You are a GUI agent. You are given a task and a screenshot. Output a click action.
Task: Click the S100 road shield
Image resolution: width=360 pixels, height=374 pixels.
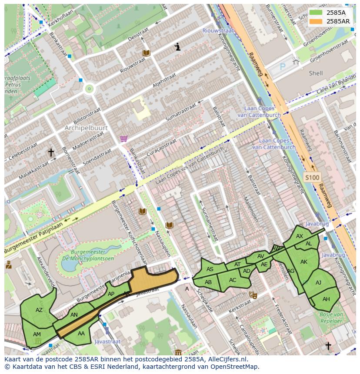pyautogui.click(x=312, y=177)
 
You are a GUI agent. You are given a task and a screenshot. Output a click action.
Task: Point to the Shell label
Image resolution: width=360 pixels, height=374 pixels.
pyautogui.click(x=316, y=73)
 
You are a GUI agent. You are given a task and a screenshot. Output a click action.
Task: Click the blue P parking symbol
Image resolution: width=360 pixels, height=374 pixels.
pyautogui.click(x=282, y=67)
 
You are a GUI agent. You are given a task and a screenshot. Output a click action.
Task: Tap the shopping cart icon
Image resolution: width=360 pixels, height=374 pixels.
pyautogui.click(x=124, y=139)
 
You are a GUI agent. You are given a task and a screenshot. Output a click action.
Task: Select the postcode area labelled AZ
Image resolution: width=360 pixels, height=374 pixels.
pyautogui.click(x=39, y=310)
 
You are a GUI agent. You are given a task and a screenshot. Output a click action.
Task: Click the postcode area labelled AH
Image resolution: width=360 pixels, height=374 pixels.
pyautogui.click(x=326, y=299)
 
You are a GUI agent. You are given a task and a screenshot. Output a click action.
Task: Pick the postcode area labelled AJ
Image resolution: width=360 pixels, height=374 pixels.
pyautogui.click(x=318, y=282)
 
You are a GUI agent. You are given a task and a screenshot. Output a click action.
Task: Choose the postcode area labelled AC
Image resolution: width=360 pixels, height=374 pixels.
pyautogui.click(x=233, y=280)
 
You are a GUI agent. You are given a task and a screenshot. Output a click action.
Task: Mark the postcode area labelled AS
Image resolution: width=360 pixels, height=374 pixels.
pyautogui.click(x=210, y=269)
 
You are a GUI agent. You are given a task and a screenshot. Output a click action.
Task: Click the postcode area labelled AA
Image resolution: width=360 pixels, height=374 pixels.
pyautogui.click(x=81, y=334)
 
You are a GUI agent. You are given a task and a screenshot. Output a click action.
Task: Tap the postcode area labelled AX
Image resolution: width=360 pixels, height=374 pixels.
pyautogui.click(x=300, y=236)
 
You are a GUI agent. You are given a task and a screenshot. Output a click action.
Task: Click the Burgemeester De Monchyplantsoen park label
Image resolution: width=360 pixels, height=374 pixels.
pyautogui.click(x=88, y=255)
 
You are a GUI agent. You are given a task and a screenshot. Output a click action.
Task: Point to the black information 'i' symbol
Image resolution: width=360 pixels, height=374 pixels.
pyautogui.click(x=177, y=47)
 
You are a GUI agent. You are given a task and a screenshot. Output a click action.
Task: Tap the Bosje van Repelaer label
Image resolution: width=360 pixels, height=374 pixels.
pyautogui.click(x=332, y=317)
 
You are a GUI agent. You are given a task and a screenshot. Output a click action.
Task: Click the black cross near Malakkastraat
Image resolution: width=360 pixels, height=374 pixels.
pyautogui.click(x=51, y=152)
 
